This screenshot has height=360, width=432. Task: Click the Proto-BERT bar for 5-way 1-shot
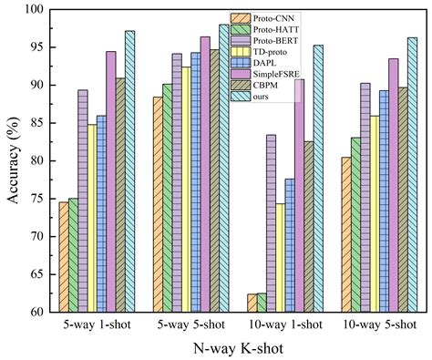click(82, 201)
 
